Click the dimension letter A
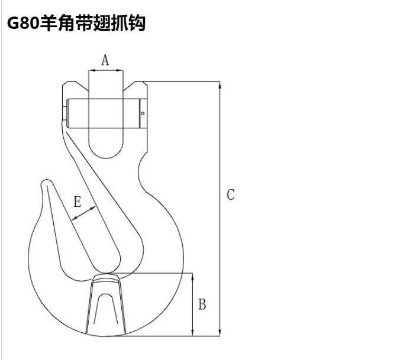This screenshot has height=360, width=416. (105, 60)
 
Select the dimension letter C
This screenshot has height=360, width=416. (231, 194)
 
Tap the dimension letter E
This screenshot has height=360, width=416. (78, 202)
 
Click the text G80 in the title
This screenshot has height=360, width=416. (23, 23)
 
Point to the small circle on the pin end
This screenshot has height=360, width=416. (143, 113)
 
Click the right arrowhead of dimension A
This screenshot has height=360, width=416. (120, 70)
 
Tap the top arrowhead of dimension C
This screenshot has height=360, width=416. (220, 85)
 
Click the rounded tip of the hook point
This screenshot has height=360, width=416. (47, 182)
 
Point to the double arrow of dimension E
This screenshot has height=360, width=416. (83, 213)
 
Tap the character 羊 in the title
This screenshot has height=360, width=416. (49, 23)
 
